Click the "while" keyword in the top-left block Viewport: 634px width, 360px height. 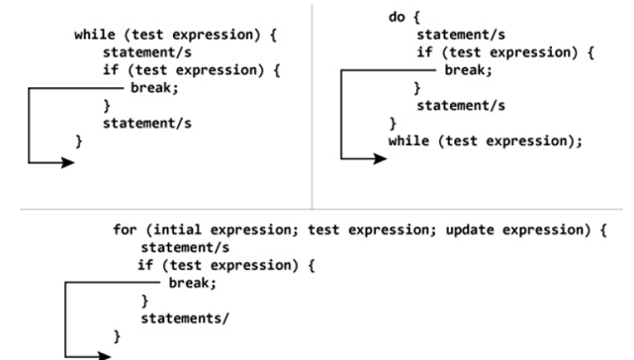[95, 35]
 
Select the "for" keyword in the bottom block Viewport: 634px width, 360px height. [126, 229]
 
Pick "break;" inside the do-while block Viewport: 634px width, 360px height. [466, 71]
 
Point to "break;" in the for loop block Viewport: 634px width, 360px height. [192, 283]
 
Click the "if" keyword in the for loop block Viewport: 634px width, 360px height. [144, 265]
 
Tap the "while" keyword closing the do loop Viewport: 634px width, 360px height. [408, 141]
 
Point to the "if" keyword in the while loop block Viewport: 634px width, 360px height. [110, 70]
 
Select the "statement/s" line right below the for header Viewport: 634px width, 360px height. [185, 247]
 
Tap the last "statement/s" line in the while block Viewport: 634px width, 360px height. [146, 124]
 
